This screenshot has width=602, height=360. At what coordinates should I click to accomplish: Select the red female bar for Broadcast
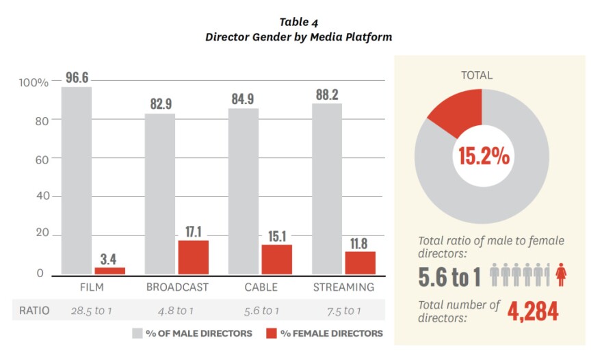(193, 257)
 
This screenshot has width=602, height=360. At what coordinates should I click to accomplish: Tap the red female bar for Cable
(276, 259)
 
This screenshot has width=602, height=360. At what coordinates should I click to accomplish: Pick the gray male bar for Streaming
(327, 188)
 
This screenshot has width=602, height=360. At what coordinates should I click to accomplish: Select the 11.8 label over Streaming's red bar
(360, 242)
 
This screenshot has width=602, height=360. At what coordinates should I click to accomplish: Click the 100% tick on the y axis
(33, 83)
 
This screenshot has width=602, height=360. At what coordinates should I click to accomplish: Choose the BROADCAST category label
(177, 287)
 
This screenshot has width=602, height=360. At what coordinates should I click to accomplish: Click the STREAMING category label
(343, 287)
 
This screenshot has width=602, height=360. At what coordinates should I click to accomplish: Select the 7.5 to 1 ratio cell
(343, 311)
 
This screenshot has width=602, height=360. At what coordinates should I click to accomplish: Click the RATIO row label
(34, 311)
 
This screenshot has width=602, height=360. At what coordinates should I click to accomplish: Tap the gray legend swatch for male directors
(137, 333)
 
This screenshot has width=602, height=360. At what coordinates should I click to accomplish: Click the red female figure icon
(561, 275)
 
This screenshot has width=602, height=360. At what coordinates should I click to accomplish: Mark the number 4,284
(533, 311)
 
